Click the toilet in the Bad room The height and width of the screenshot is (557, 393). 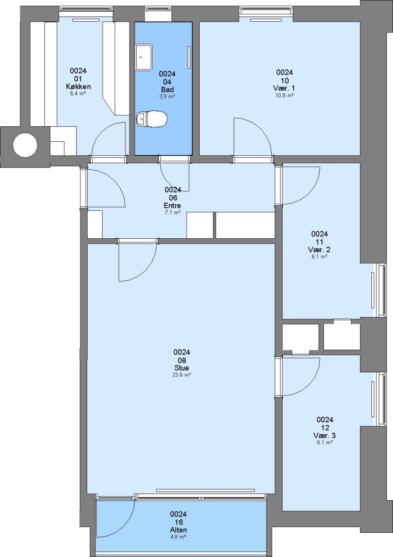pyautogui.click(x=151, y=118)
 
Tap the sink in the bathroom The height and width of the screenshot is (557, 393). pyautogui.click(x=143, y=57)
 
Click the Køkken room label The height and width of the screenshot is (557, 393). pyautogui.click(x=78, y=86)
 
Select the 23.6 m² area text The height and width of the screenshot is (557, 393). pyautogui.click(x=182, y=374)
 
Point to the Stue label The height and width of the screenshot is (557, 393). pyautogui.click(x=182, y=368)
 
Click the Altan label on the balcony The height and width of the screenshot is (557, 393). pyautogui.click(x=178, y=530)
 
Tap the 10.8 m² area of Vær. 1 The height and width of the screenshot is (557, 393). pyautogui.click(x=285, y=95)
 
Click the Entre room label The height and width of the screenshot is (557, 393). pyautogui.click(x=172, y=205)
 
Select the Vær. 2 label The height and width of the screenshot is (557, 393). pyautogui.click(x=319, y=250)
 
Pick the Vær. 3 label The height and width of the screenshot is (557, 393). pyautogui.click(x=324, y=435)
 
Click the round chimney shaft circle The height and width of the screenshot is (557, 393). pyautogui.click(x=25, y=145)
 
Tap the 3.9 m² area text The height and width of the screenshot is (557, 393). pyautogui.click(x=167, y=96)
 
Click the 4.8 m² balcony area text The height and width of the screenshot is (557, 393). pyautogui.click(x=178, y=537)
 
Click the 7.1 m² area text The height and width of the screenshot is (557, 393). pyautogui.click(x=172, y=212)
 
